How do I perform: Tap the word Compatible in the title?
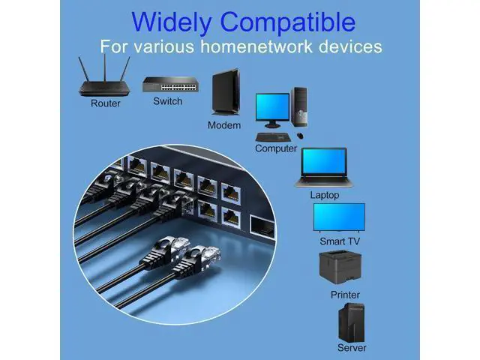click(x=293, y=21)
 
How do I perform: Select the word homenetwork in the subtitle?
click(x=274, y=46)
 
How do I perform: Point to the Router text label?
click(x=105, y=103)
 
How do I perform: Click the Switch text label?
click(x=167, y=100)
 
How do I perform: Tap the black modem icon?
click(x=224, y=92)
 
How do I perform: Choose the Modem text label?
click(x=224, y=125)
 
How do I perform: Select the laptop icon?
click(x=324, y=167)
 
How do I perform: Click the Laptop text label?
click(x=325, y=195)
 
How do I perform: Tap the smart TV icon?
click(x=339, y=218)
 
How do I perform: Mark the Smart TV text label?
click(x=340, y=241)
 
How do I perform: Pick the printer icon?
click(x=345, y=268)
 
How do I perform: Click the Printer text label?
click(x=345, y=295)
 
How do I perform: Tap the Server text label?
click(x=352, y=348)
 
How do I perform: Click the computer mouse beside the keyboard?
click(x=300, y=136)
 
